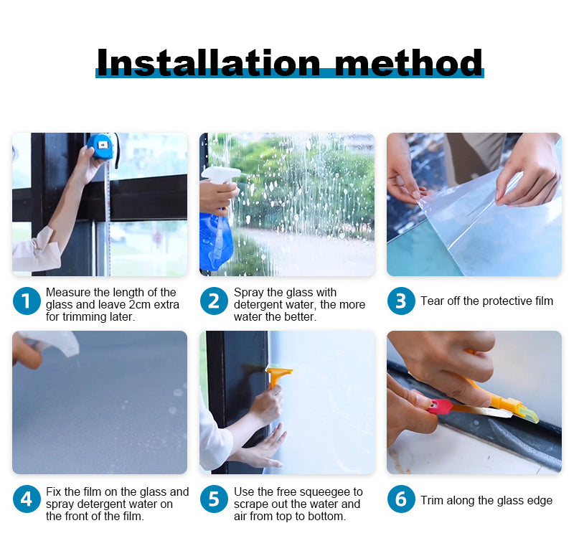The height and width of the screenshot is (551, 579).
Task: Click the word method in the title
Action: coord(408,62)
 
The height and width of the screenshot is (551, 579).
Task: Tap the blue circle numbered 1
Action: coord(27,301)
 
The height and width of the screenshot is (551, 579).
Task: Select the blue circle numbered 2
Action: coord(214,301)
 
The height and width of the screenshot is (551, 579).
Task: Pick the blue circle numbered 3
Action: coord(401,301)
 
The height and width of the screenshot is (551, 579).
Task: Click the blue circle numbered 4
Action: coord(27,499)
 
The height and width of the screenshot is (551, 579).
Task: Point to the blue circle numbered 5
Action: coord(214,499)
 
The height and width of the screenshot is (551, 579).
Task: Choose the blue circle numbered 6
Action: coord(401,499)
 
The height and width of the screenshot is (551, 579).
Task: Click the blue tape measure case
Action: coord(100,146)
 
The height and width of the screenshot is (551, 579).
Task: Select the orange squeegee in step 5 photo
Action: coord(278,373)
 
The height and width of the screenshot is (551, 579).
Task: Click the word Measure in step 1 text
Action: coord(67,293)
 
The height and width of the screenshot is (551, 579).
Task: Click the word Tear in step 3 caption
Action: coord(433,301)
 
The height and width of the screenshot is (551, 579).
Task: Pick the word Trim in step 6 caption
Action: coord(432,501)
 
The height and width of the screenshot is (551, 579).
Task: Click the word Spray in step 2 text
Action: coord(248,293)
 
